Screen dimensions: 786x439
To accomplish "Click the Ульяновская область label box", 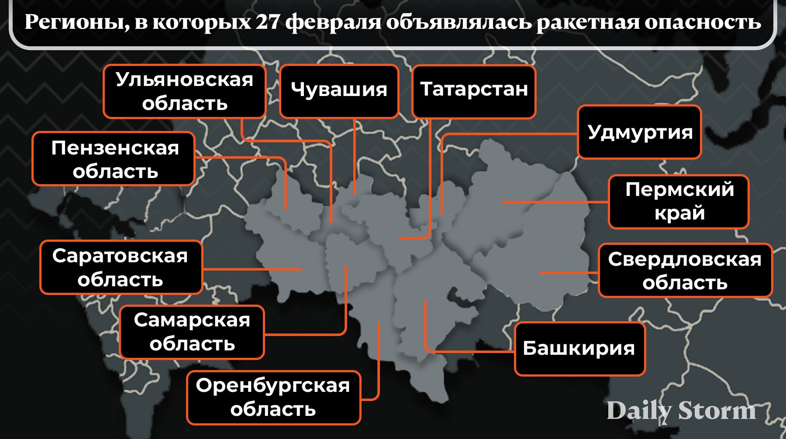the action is click(x=184, y=92).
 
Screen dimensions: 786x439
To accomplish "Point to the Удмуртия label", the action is click(x=639, y=132).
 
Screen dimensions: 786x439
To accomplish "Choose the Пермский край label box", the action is click(x=679, y=202).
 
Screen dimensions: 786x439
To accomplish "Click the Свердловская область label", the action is click(x=685, y=271).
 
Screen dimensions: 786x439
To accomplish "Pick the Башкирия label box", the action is click(x=579, y=349).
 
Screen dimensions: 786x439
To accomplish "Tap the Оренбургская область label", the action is click(x=273, y=398).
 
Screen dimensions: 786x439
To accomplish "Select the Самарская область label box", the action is click(x=192, y=332).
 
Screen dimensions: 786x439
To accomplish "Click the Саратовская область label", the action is click(x=121, y=267).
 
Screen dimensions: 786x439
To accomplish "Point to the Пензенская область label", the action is click(x=114, y=159).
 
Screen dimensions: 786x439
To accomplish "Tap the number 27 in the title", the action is click(x=268, y=22).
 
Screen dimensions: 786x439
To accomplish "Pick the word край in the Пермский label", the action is click(x=679, y=213).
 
